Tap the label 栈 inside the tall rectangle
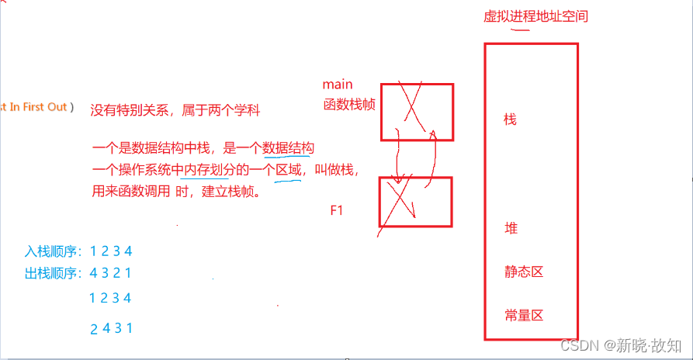510,119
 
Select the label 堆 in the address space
511,229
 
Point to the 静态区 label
522,272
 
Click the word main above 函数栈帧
338,84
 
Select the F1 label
337,210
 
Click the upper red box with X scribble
417,112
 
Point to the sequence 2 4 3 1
112,328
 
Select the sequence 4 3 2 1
112,273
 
